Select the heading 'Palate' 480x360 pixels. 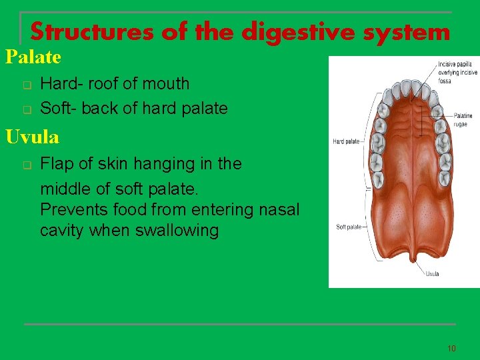[33, 57]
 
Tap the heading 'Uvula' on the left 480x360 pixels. [32, 137]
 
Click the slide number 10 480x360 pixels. [451, 348]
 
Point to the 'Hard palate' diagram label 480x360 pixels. [346, 141]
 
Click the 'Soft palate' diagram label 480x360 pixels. [348, 227]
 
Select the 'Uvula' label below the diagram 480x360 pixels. [432, 273]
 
